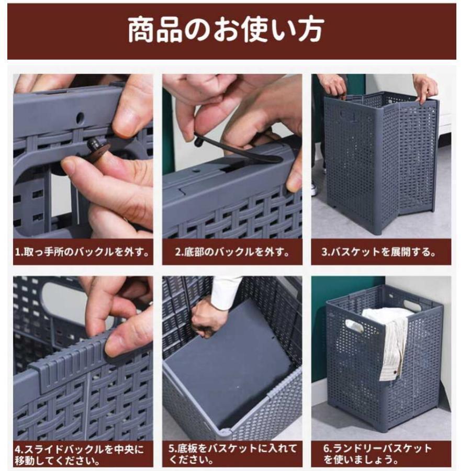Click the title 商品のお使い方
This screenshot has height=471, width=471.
pyautogui.click(x=226, y=30)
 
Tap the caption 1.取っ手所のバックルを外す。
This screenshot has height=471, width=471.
pyautogui.click(x=82, y=252)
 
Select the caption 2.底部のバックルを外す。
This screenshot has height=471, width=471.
pyautogui.click(x=232, y=252)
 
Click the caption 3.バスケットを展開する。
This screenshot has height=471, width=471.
pyautogui.click(x=378, y=252)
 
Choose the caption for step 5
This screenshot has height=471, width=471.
pyautogui.click(x=232, y=454)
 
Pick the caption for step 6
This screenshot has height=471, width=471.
pyautogui.click(x=377, y=454)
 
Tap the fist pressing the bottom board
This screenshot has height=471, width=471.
pyautogui.click(x=207, y=318)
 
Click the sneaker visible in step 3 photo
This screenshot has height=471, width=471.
pyautogui.click(x=315, y=188)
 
